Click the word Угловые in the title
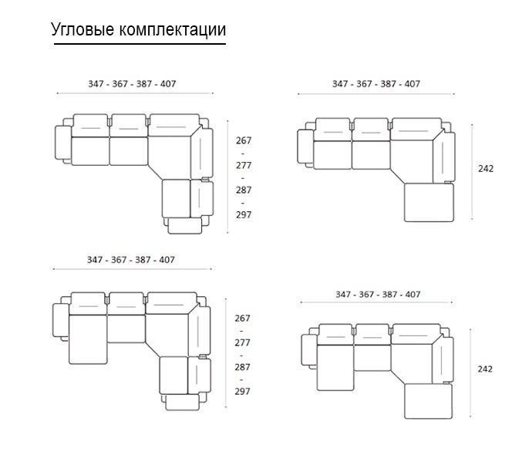[82, 30]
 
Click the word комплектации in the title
[173, 29]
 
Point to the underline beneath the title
[140, 44]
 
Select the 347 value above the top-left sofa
[96, 84]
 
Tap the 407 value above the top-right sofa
[412, 84]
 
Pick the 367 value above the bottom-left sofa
[119, 260]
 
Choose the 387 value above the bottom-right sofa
[389, 295]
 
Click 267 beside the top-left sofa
[244, 140]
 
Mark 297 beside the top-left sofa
[244, 215]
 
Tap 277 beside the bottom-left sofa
[242, 342]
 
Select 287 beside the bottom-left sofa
[242, 367]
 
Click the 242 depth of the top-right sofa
[486, 169]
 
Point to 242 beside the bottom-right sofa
[485, 369]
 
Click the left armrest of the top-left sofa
[63, 143]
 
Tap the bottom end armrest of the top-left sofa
[184, 226]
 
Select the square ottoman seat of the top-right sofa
[429, 203]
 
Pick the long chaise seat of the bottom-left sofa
[88, 339]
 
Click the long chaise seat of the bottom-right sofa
[335, 367]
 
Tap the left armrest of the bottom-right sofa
[309, 350]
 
